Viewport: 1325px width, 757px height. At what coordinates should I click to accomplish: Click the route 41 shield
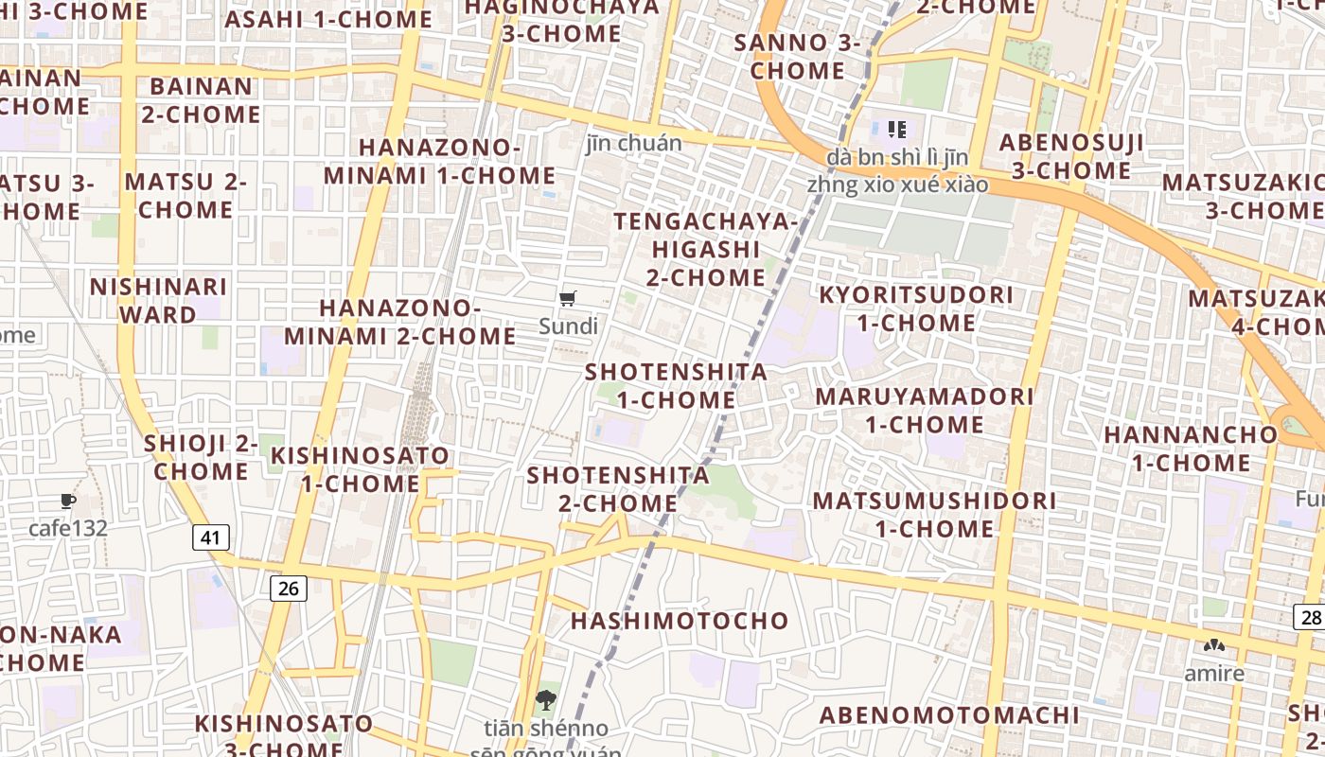(x=210, y=538)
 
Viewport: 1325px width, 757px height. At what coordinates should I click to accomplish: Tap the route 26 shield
(x=289, y=589)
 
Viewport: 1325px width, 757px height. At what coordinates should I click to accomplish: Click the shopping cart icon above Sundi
(x=568, y=299)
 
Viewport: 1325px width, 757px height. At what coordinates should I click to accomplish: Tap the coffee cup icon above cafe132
(x=67, y=501)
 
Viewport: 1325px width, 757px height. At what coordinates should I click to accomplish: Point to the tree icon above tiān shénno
(x=545, y=701)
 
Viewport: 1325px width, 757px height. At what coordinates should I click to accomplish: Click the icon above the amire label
(x=1213, y=646)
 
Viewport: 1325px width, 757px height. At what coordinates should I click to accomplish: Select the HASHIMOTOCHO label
(x=680, y=621)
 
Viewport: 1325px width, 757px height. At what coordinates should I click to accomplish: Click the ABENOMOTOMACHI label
(x=949, y=715)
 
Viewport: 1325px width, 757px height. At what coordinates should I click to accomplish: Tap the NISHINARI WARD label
(x=158, y=300)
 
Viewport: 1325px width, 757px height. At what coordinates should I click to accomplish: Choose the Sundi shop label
(x=568, y=326)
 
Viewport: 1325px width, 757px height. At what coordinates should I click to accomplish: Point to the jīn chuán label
(x=633, y=144)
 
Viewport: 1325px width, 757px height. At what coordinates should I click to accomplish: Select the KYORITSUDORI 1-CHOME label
(x=916, y=308)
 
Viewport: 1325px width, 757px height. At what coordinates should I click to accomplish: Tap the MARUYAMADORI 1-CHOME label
(x=925, y=410)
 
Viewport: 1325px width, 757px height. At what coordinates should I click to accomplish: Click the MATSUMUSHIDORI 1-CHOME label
(x=934, y=514)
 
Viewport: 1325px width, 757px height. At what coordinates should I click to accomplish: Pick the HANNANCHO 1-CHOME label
(x=1192, y=449)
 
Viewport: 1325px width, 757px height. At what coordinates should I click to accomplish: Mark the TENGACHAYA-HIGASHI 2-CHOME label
(x=706, y=249)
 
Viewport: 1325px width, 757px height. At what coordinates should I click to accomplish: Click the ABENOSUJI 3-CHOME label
(x=1071, y=156)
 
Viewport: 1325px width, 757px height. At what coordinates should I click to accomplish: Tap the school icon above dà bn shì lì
(x=896, y=129)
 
